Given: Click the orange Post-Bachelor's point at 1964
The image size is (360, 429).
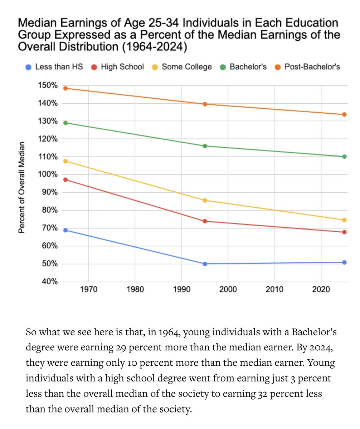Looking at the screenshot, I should click(65, 88).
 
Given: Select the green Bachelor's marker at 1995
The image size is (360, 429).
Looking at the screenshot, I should click(205, 146).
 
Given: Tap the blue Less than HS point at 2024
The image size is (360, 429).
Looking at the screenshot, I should click(344, 262).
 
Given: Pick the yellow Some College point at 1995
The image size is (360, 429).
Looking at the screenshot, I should click(205, 200).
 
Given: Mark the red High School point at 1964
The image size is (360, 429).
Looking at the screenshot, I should click(65, 179).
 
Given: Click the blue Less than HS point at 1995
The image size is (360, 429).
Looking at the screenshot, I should click(205, 264).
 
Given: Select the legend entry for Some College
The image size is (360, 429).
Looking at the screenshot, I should click(186, 67).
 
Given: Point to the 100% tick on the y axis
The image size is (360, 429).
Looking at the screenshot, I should click(48, 175).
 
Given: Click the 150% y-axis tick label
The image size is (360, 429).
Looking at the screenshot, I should click(48, 85).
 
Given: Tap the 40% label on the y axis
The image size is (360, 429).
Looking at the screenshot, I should click(49, 282).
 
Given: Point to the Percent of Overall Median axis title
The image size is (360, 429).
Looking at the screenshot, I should click(22, 188).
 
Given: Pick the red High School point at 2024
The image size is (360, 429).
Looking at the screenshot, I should click(344, 232).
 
